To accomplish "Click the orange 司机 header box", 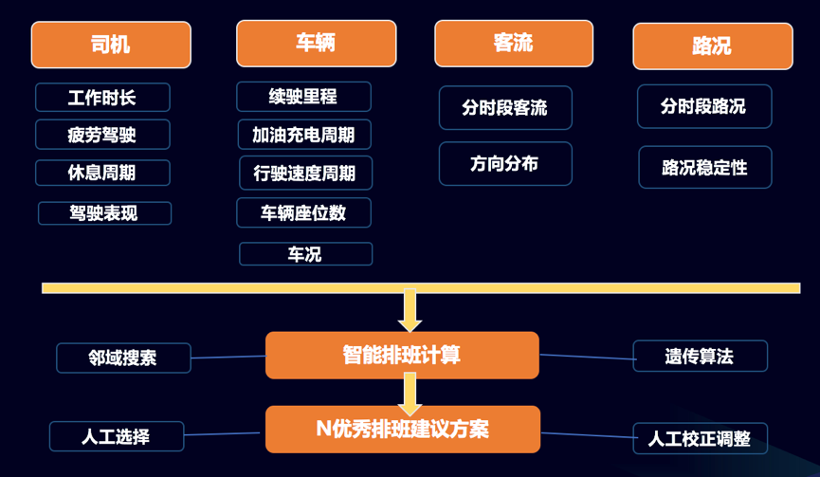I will pyautogui.click(x=111, y=45).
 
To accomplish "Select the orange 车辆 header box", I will pyautogui.click(x=316, y=44).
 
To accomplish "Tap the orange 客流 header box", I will pyautogui.click(x=514, y=44).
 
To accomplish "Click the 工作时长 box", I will pyautogui.click(x=102, y=98).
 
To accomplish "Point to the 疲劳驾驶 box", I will pyautogui.click(x=102, y=135).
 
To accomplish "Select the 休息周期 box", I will pyautogui.click(x=102, y=173).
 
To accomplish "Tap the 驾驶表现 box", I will pyautogui.click(x=104, y=213).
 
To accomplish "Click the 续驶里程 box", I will pyautogui.click(x=303, y=97).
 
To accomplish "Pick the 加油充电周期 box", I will pyautogui.click(x=304, y=135).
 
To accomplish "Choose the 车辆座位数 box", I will pyautogui.click(x=303, y=213).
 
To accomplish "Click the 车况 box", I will pyautogui.click(x=305, y=254).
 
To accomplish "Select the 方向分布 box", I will pyautogui.click(x=505, y=164).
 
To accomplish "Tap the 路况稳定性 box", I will pyautogui.click(x=705, y=168).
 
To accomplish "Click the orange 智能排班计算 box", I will pyautogui.click(x=402, y=355).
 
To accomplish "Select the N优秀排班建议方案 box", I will pyautogui.click(x=403, y=429).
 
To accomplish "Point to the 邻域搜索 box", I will pyautogui.click(x=123, y=358).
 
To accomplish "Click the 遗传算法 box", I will pyautogui.click(x=700, y=357).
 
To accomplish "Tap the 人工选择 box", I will pyautogui.click(x=116, y=436).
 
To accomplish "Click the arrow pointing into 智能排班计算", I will pyautogui.click(x=410, y=311).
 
